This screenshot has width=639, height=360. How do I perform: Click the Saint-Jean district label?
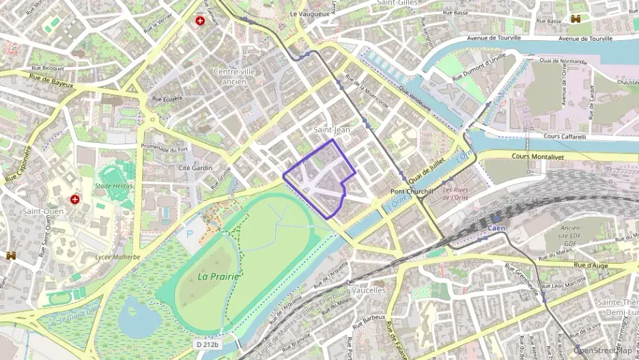[x=331, y=129]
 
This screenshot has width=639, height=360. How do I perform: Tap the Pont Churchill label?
[x=412, y=192]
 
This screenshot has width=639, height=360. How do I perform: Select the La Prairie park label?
[x=218, y=277]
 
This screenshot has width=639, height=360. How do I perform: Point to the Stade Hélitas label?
[x=114, y=186]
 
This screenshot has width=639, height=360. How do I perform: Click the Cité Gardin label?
[x=195, y=167]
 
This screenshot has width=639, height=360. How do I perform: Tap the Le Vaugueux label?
[x=311, y=14]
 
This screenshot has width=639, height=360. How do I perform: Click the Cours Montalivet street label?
[x=540, y=156]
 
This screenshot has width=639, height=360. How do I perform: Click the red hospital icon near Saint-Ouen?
[x=75, y=199]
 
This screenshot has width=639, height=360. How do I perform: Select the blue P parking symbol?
[x=189, y=234]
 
